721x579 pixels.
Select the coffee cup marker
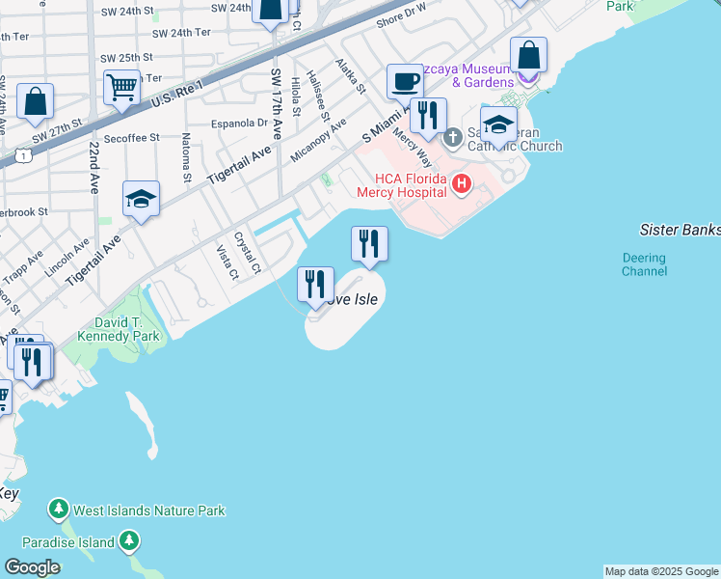point(405,81)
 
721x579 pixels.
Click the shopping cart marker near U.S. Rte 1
point(122,87)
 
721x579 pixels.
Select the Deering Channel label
point(644,264)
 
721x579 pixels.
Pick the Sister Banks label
point(680,230)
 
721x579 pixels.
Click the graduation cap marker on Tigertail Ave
point(141,200)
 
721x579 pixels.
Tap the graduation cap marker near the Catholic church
point(498,124)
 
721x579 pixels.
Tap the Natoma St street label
point(187,160)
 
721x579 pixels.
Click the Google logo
point(33,567)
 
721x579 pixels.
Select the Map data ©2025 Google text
point(661,571)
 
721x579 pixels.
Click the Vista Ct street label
point(227,263)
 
